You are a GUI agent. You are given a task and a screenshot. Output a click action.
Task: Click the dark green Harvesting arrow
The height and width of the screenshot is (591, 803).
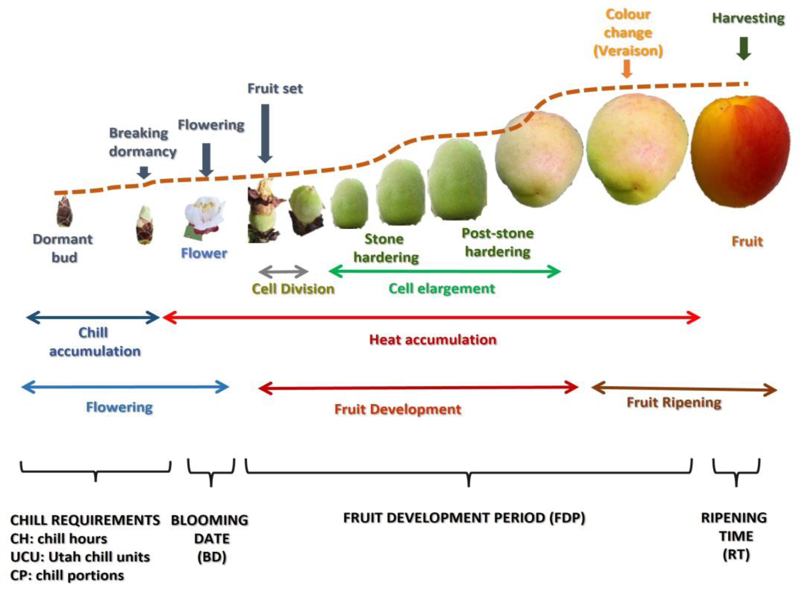point(744,48)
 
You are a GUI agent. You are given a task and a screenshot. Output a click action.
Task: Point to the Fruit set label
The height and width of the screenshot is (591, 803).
point(275,88)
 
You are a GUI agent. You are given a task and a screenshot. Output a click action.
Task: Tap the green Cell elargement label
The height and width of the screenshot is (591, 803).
point(442,288)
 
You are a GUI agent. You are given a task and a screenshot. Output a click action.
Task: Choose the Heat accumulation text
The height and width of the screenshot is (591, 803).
point(433,339)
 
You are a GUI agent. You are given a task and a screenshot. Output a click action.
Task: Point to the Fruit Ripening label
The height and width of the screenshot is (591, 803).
point(674,403)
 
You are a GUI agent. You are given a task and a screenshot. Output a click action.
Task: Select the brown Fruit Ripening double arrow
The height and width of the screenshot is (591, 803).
point(684,389)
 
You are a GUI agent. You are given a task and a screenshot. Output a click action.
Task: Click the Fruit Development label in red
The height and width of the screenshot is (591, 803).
point(398,409)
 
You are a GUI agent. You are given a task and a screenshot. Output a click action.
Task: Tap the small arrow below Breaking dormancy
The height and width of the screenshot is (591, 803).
point(144,172)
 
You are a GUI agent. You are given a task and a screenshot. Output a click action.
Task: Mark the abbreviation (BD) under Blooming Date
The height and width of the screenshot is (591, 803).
point(212,557)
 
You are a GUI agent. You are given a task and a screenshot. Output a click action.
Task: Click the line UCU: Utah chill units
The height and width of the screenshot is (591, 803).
point(80,557)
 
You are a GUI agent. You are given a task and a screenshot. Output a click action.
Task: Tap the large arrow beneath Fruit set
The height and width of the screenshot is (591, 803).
point(265,133)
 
